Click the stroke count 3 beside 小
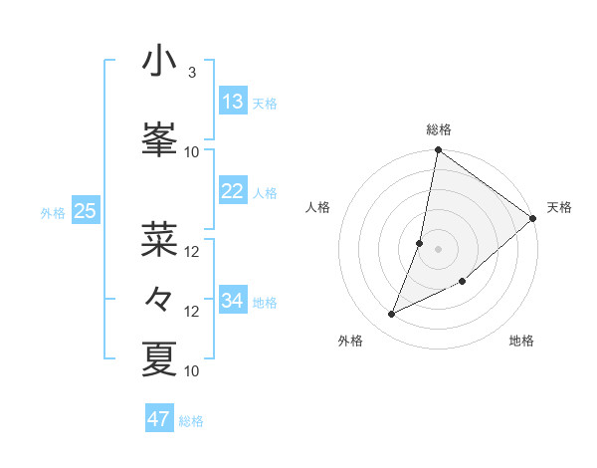(x=191, y=73)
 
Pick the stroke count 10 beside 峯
(x=192, y=151)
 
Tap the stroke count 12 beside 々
(x=192, y=312)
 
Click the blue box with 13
(x=233, y=101)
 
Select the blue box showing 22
(x=233, y=191)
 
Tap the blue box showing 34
(x=233, y=300)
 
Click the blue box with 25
(x=85, y=210)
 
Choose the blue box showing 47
(x=159, y=419)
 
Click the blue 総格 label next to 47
(x=191, y=421)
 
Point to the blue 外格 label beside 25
(x=53, y=212)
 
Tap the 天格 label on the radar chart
(x=559, y=207)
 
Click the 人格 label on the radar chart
(x=317, y=207)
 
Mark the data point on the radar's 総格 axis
(x=438, y=150)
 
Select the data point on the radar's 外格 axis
(x=392, y=314)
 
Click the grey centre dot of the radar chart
(x=438, y=248)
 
